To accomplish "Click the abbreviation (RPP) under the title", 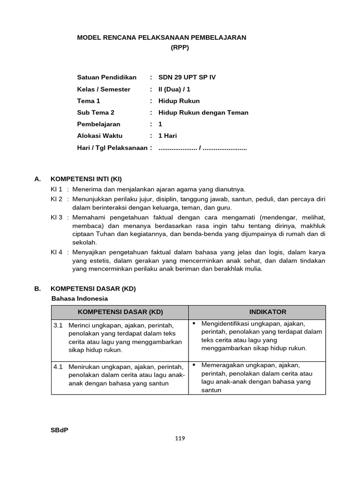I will pos(180,47).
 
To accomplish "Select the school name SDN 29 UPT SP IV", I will pos(187,77).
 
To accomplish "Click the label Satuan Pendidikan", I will pos(106,77).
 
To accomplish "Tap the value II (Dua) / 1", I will pos(174,89).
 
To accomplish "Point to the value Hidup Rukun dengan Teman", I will pos(203,112).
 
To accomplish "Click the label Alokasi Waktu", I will pos(99,136).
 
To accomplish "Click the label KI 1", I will pos(56,189).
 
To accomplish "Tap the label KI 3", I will pos(56,217).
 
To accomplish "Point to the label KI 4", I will pos(56,252).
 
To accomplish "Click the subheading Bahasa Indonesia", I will pos(79,298).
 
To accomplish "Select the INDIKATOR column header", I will pos(257,312).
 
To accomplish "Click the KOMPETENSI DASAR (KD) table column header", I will pos(120,312).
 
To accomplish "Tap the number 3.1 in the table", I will pos(58,325).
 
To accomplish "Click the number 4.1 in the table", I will pos(58,367).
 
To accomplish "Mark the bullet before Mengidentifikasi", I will pos(194,323).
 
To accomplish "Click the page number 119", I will pos(180,439).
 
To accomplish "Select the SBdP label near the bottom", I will pos(59,430).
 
